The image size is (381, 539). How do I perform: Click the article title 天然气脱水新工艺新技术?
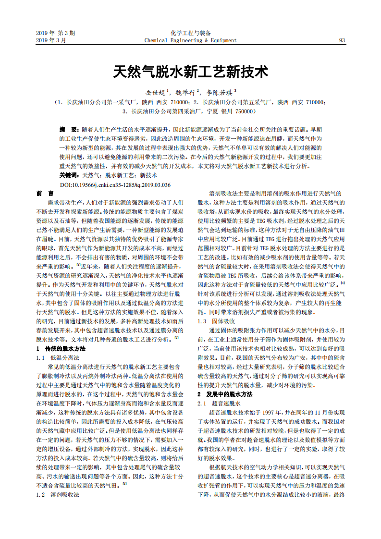(x=190, y=72)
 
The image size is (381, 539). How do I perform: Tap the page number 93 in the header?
(x=342, y=41)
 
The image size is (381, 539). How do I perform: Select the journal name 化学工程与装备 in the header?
(x=190, y=33)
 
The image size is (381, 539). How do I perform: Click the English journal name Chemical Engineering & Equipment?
(x=190, y=41)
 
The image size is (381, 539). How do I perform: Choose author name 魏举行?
(x=185, y=92)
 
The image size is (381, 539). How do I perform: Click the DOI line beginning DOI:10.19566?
(x=115, y=184)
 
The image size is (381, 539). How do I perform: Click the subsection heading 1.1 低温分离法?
(x=58, y=358)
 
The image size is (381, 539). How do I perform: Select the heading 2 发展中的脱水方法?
(x=225, y=394)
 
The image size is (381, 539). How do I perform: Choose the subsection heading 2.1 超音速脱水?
(x=219, y=404)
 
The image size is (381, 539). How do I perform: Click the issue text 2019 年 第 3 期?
(x=55, y=33)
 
